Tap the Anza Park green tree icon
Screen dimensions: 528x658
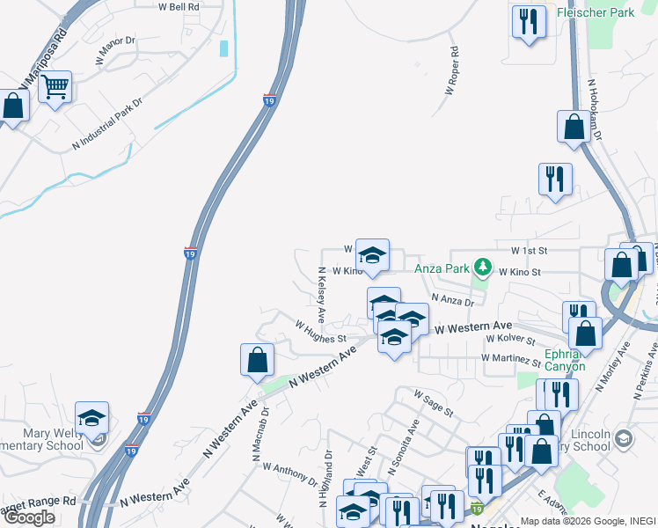click(x=481, y=265)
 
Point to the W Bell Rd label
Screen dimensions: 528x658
click(x=179, y=6)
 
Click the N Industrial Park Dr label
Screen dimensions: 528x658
click(x=112, y=128)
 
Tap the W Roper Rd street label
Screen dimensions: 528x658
click(x=453, y=71)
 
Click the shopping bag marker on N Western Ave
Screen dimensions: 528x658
click(x=257, y=360)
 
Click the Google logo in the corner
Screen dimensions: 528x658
click(x=29, y=517)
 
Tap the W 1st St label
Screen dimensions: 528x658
click(x=530, y=251)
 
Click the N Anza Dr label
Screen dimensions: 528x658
click(x=453, y=301)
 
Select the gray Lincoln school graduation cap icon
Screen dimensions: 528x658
click(x=623, y=438)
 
